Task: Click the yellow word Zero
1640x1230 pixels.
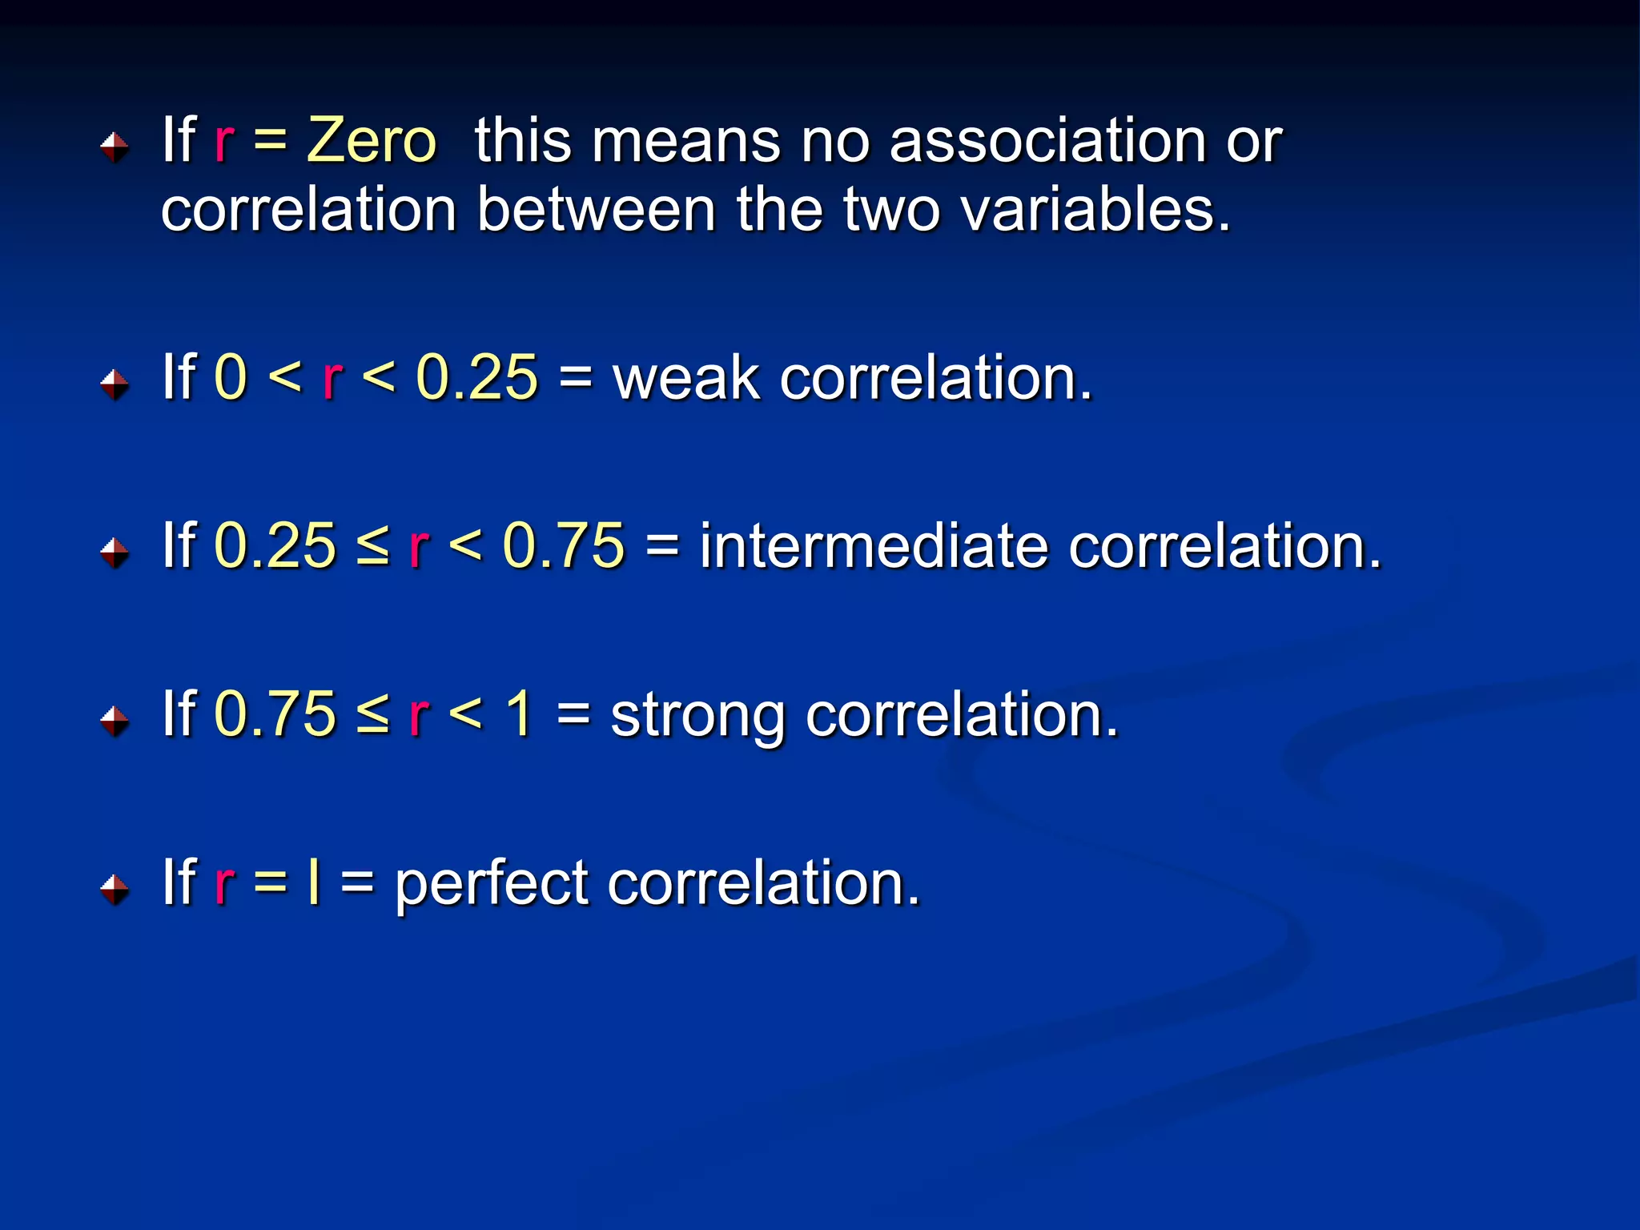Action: (372, 141)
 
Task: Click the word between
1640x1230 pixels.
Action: (596, 210)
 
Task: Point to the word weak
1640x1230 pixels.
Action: (685, 377)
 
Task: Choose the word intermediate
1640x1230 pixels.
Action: (873, 546)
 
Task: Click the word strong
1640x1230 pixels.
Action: (697, 715)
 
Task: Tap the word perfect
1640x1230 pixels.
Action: (492, 883)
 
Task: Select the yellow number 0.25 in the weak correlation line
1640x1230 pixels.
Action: (477, 377)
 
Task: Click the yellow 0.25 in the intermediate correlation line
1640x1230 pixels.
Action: (275, 546)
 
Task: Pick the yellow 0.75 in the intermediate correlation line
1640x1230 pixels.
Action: (564, 546)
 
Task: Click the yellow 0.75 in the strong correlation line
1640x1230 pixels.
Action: (275, 713)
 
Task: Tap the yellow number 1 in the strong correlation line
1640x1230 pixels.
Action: (520, 713)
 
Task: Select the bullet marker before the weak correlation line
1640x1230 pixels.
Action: (115, 384)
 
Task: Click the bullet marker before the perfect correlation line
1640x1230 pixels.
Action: (115, 889)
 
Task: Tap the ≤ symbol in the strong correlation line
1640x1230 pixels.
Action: (372, 713)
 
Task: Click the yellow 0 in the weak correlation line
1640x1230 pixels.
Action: (231, 377)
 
